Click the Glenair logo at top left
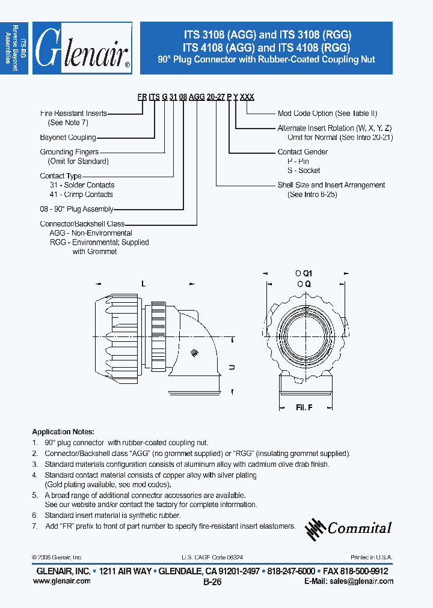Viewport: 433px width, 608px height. tap(82, 48)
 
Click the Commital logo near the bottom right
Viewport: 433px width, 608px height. tap(349, 527)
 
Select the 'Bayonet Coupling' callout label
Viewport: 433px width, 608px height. tap(68, 138)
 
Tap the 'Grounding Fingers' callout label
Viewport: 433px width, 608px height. tap(69, 153)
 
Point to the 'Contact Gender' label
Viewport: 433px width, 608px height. tap(302, 152)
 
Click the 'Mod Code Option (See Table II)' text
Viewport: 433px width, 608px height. tap(327, 113)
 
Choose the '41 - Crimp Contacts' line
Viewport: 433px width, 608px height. tap(81, 194)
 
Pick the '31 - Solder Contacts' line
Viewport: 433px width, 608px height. tap(82, 185)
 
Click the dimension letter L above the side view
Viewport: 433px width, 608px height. tap(143, 282)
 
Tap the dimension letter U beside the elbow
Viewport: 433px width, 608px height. tap(232, 366)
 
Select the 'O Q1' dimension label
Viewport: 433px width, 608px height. tap(304, 273)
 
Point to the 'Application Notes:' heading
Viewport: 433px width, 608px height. tap(63, 432)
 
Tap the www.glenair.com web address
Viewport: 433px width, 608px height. tap(61, 581)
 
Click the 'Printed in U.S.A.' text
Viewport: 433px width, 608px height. tap(372, 558)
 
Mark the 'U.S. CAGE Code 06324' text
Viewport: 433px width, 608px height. tap(212, 558)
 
